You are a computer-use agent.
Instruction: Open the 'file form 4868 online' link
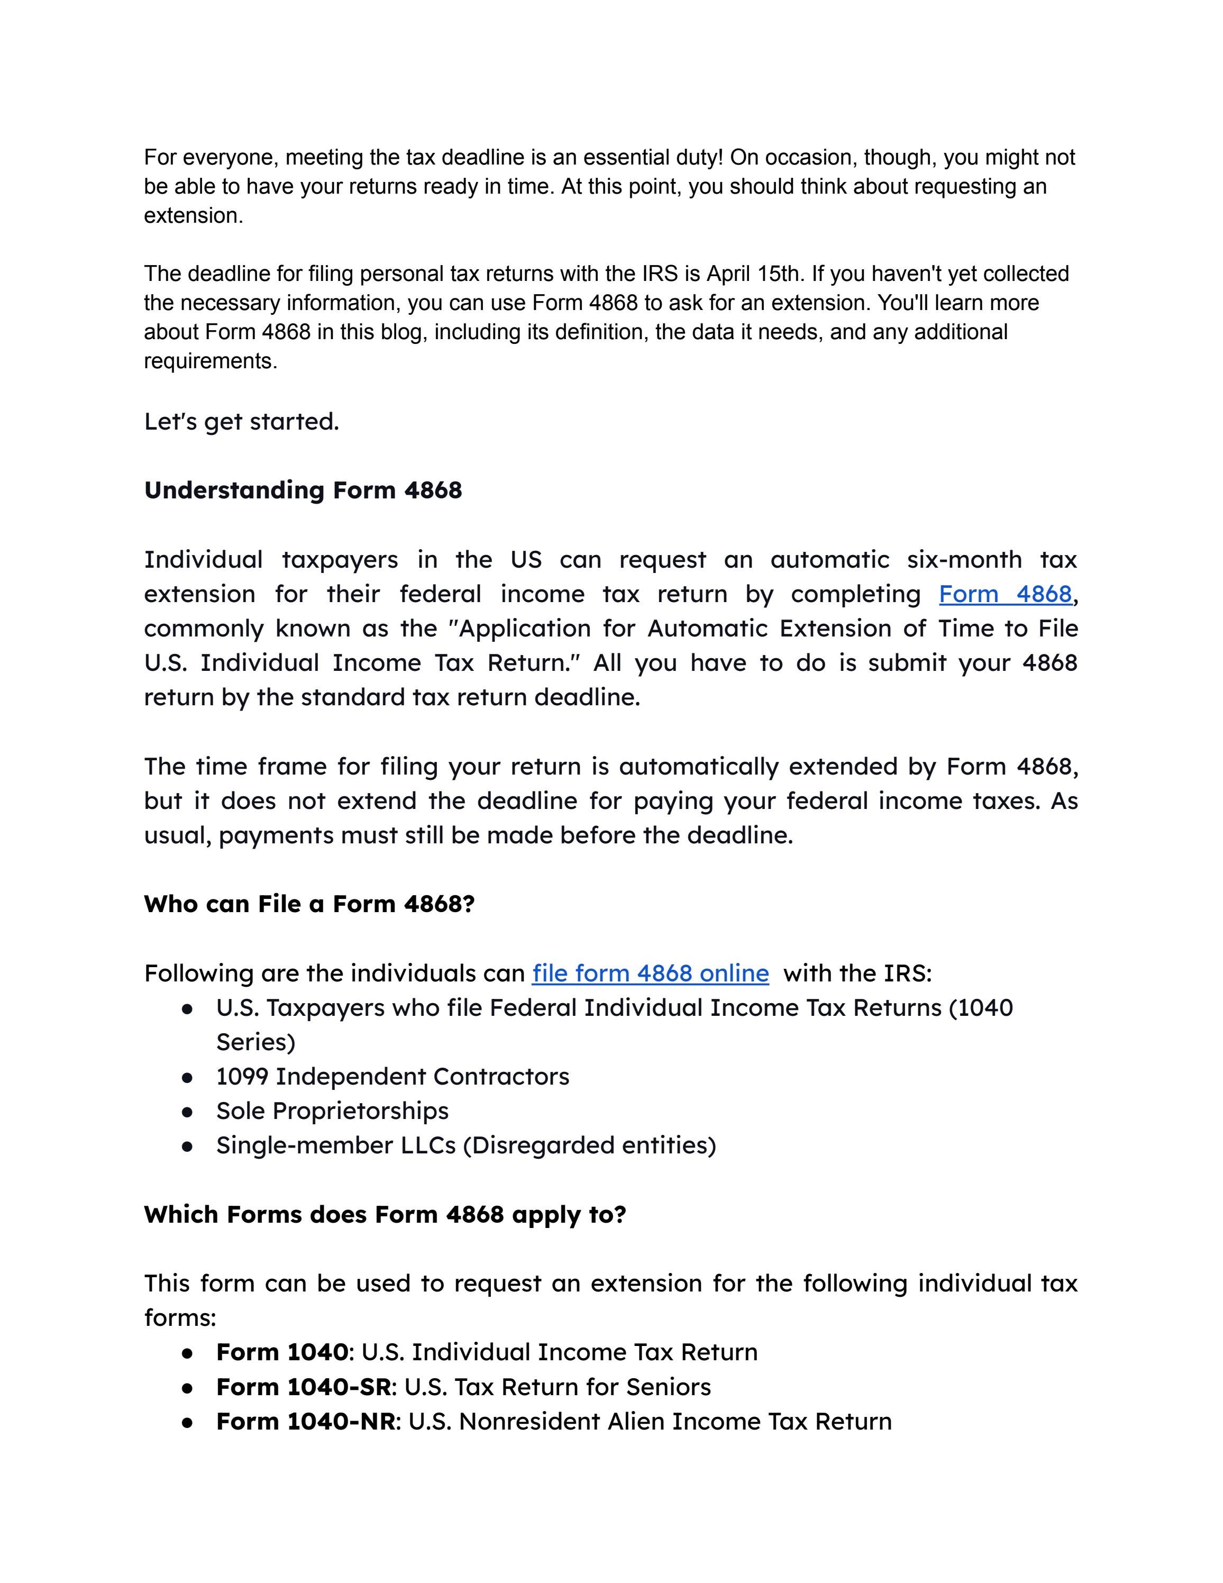[x=650, y=974]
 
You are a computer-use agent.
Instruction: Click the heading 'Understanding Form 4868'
[x=303, y=490]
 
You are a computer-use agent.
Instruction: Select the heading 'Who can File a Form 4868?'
[x=308, y=905]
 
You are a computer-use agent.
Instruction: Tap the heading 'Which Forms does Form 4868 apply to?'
[x=385, y=1215]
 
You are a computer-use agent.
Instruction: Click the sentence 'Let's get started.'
[x=241, y=422]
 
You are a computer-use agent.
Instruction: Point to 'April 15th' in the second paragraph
[x=753, y=274]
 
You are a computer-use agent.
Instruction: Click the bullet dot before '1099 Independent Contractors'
[x=188, y=1078]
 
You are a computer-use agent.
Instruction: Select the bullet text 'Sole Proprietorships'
[x=332, y=1111]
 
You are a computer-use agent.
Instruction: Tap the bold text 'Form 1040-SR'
[x=303, y=1387]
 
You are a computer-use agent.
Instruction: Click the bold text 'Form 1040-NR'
[x=305, y=1421]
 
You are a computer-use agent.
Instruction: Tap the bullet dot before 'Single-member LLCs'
[x=188, y=1147]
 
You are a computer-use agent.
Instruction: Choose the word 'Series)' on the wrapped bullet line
[x=255, y=1043]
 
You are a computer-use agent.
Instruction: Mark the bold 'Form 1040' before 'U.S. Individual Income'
[x=282, y=1352]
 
